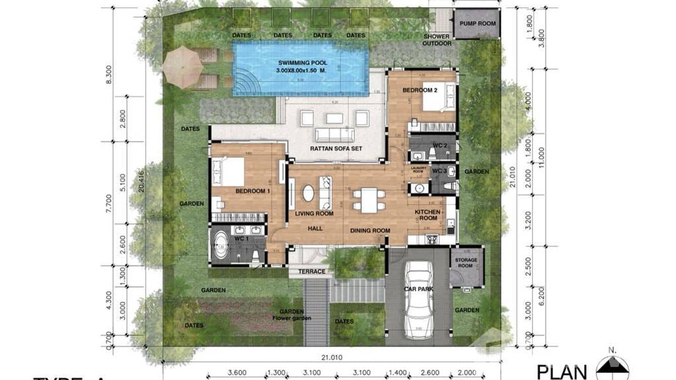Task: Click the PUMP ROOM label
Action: coord(478,23)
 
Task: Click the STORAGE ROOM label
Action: coord(466,263)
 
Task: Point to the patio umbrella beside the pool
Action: coord(182,67)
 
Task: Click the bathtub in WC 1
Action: coord(222,248)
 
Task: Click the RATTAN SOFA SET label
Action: coord(337,149)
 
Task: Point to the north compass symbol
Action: coord(612,367)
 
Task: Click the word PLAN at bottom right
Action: coord(562,371)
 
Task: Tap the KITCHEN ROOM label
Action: coord(428,215)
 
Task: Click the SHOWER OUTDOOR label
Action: coord(436,40)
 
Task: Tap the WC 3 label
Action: coord(439,171)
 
